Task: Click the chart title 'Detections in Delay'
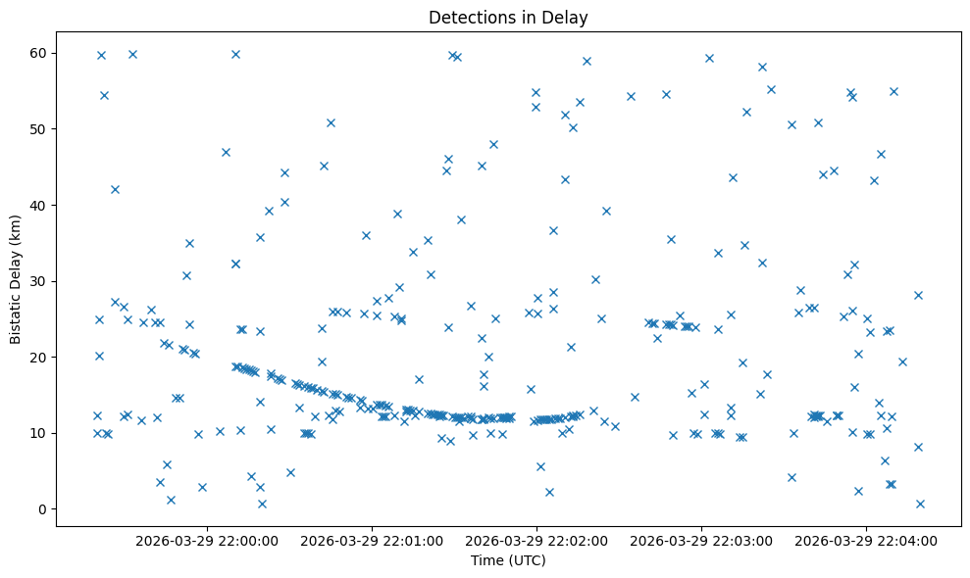click(508, 17)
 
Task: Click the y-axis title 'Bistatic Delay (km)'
click(16, 279)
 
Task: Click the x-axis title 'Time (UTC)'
click(508, 561)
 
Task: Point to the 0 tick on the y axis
click(41, 509)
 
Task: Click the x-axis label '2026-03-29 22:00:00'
click(208, 540)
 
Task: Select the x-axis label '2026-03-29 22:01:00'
click(373, 540)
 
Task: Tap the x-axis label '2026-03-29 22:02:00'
click(537, 540)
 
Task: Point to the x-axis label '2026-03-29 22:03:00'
click(702, 540)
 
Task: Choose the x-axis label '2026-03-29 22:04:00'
click(867, 540)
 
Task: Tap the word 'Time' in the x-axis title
click(486, 561)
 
